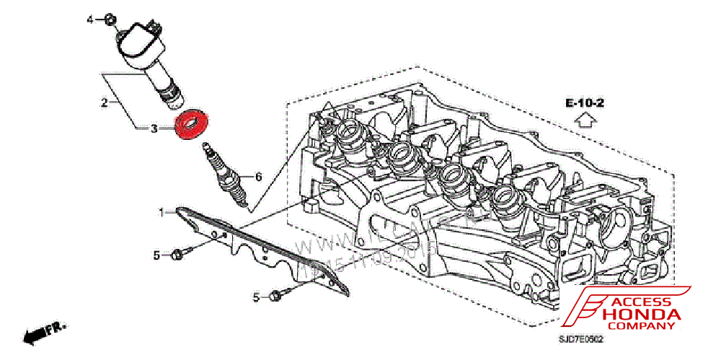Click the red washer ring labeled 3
coord(193,123)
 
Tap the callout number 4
coord(90,19)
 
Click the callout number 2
coord(104,102)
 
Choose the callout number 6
coord(258,176)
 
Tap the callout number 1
coord(163,212)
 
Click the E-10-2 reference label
coord(585,103)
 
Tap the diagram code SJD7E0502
coord(580,338)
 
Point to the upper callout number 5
coord(156,255)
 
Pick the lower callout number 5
coord(256,297)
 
